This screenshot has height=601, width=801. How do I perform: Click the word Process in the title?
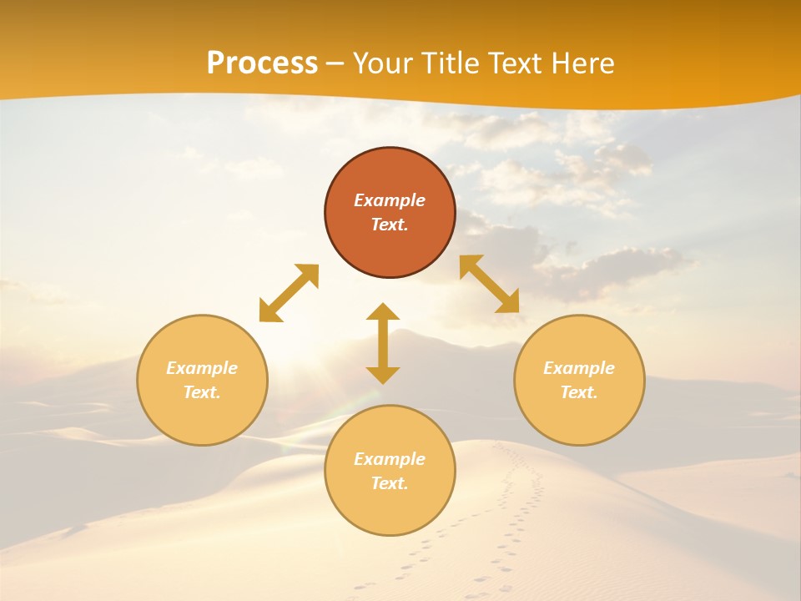(262, 63)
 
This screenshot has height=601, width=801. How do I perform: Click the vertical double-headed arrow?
(383, 343)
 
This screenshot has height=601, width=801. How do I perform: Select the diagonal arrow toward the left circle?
(289, 293)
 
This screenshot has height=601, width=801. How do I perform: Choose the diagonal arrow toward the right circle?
(490, 284)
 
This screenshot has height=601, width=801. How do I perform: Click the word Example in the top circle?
(390, 200)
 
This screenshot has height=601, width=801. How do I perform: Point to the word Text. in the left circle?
(202, 392)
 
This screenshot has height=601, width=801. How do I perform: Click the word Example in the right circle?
(579, 368)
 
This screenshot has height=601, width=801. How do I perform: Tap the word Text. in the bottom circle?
(390, 483)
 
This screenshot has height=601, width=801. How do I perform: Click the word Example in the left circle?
(202, 368)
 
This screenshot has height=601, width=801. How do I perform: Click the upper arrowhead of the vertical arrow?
(383, 312)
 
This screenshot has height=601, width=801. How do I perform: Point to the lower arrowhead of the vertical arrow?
(383, 375)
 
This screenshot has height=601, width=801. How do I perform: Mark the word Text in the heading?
(514, 63)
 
